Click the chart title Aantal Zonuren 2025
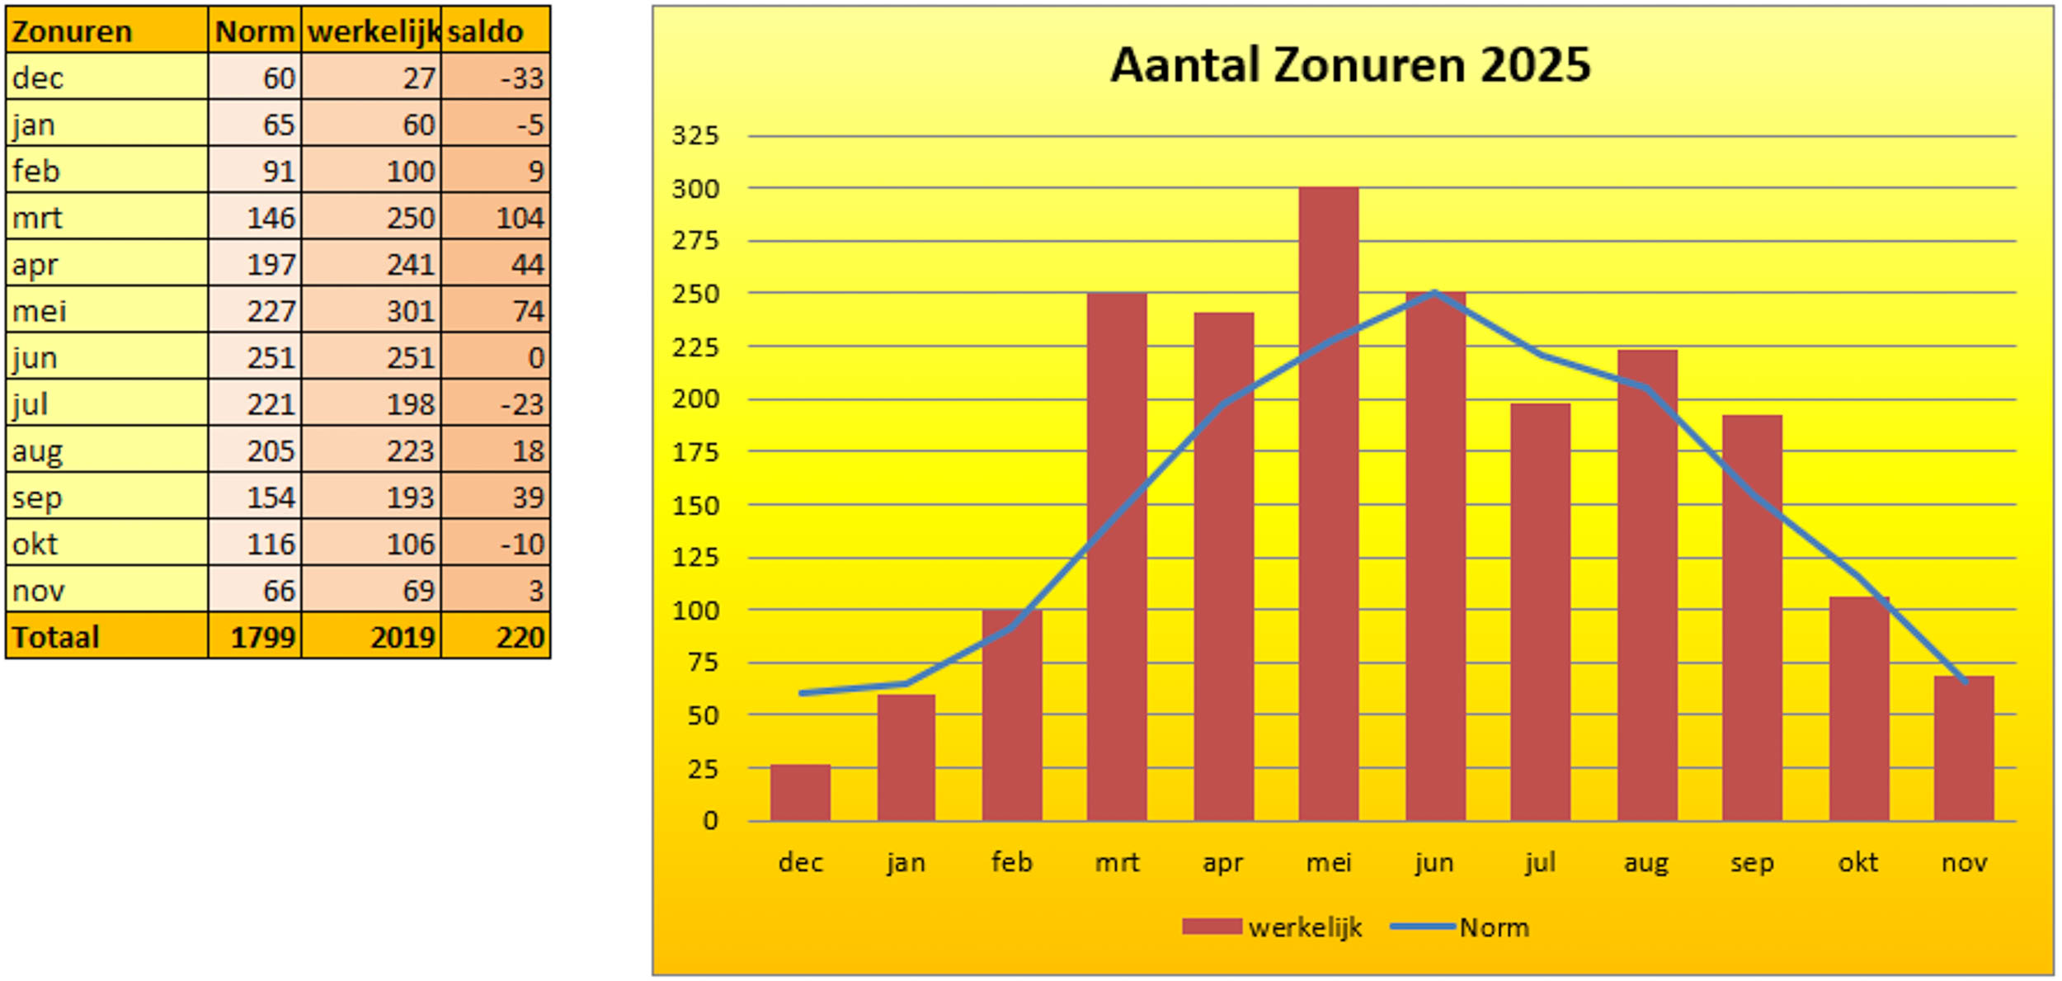point(1349,65)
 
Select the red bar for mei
point(1328,503)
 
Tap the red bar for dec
point(800,792)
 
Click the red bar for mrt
point(1116,557)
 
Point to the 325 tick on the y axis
point(695,135)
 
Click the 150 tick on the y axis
point(695,505)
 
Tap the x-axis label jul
point(1540,863)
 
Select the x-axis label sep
point(1752,863)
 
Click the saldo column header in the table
point(486,31)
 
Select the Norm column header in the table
point(255,31)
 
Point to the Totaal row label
point(56,637)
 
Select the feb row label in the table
point(36,171)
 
